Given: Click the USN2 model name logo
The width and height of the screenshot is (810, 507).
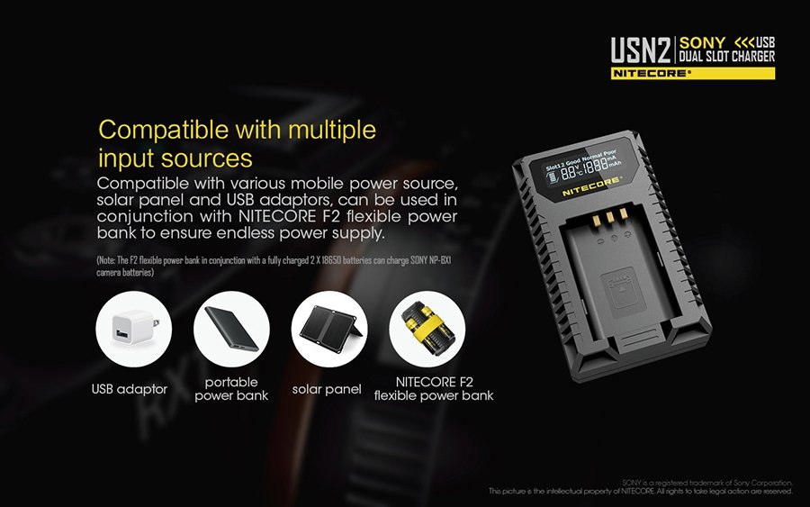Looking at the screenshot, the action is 641,50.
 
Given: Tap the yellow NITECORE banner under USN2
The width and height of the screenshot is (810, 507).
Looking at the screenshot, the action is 693,73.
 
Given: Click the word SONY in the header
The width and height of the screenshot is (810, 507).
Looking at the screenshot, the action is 703,42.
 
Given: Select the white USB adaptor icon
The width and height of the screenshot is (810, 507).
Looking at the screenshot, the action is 134,329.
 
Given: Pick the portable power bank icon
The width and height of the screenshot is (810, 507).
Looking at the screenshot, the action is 231,329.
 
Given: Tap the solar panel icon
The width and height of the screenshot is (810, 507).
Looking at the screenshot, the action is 329,329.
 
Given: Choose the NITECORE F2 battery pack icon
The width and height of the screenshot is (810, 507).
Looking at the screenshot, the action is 427,329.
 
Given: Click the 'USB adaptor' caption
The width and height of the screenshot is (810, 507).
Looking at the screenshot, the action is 130,389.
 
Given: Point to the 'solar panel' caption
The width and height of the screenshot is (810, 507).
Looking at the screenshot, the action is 327,389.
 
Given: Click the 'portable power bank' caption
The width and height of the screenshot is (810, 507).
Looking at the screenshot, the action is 231,389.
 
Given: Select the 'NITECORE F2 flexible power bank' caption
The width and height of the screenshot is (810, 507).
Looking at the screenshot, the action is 434,389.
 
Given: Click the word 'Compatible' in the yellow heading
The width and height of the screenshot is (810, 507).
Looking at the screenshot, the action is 164,131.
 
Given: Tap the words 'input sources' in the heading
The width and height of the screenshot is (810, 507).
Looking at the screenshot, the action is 175,158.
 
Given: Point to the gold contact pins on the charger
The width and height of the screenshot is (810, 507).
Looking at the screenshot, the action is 610,216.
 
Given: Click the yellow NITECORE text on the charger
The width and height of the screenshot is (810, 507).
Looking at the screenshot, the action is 592,186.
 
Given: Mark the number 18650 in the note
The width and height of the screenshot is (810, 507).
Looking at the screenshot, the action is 331,260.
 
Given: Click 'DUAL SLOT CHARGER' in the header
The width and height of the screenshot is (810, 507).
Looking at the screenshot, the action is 727,57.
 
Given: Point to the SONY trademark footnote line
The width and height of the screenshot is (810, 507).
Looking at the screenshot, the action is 707,483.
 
